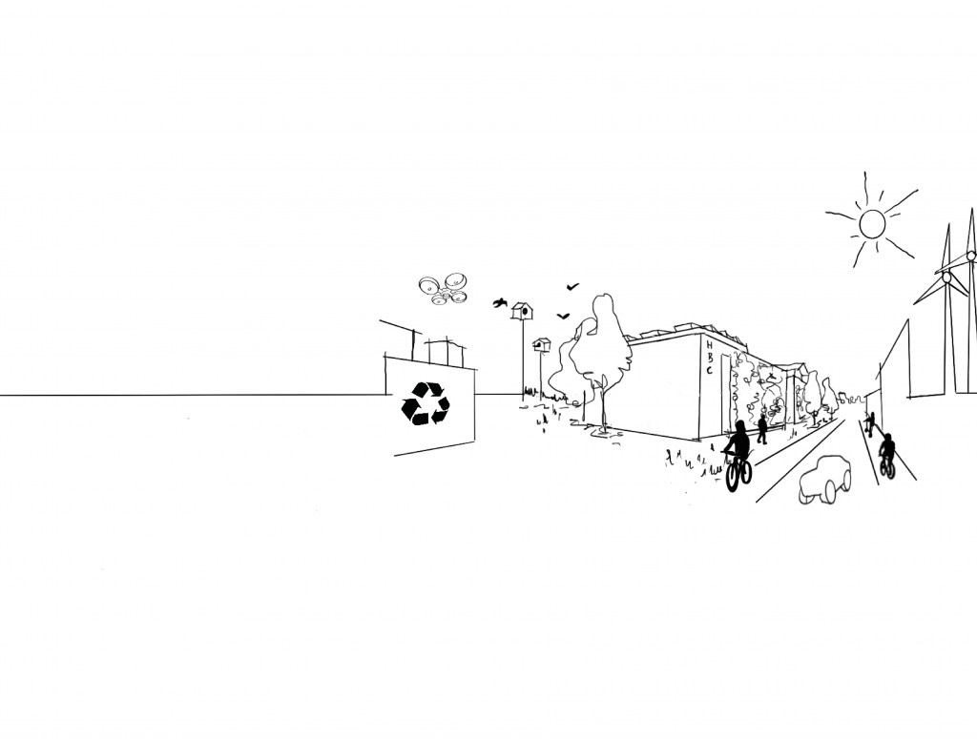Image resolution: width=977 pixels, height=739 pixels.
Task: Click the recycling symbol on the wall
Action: click(426, 403)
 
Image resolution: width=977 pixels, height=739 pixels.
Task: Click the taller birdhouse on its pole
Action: click(522, 311)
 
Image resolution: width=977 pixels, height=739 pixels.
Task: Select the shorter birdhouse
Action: click(542, 344)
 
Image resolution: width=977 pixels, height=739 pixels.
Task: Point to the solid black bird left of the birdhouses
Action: click(499, 303)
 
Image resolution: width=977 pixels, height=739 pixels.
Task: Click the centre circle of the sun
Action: click(872, 223)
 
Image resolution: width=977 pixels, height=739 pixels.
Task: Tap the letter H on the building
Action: click(710, 344)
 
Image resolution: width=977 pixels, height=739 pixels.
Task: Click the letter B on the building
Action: click(710, 358)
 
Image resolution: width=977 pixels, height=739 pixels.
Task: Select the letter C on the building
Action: click(709, 370)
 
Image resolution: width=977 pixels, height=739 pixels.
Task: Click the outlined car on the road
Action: click(825, 479)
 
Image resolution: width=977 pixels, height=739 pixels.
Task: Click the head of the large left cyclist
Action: click(740, 428)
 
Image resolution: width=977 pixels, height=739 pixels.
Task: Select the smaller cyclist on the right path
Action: click(887, 456)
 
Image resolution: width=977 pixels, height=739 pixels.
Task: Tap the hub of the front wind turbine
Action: click(946, 277)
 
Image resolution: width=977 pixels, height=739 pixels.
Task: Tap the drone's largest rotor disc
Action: click(456, 280)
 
